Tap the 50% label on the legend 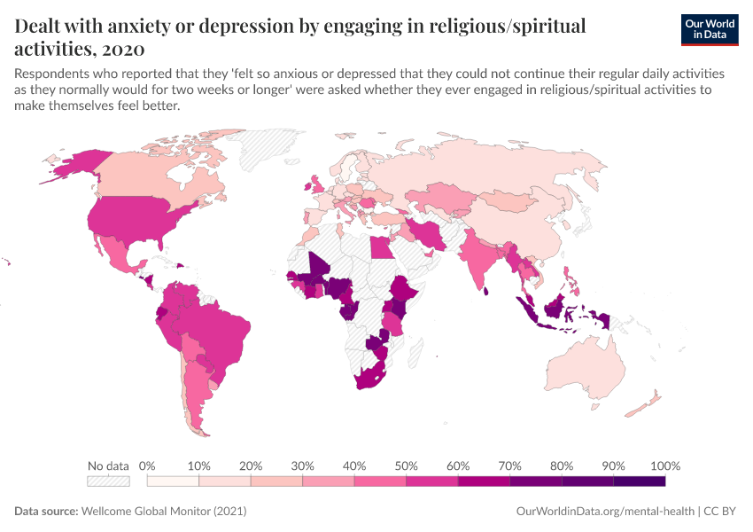[x=406, y=465]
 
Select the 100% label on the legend [x=664, y=465]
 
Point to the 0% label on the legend [x=148, y=465]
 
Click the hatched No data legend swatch [x=108, y=481]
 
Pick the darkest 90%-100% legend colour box [x=639, y=481]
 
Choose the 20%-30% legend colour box [x=276, y=481]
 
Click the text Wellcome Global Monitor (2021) [x=163, y=512]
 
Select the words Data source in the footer [x=45, y=512]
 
